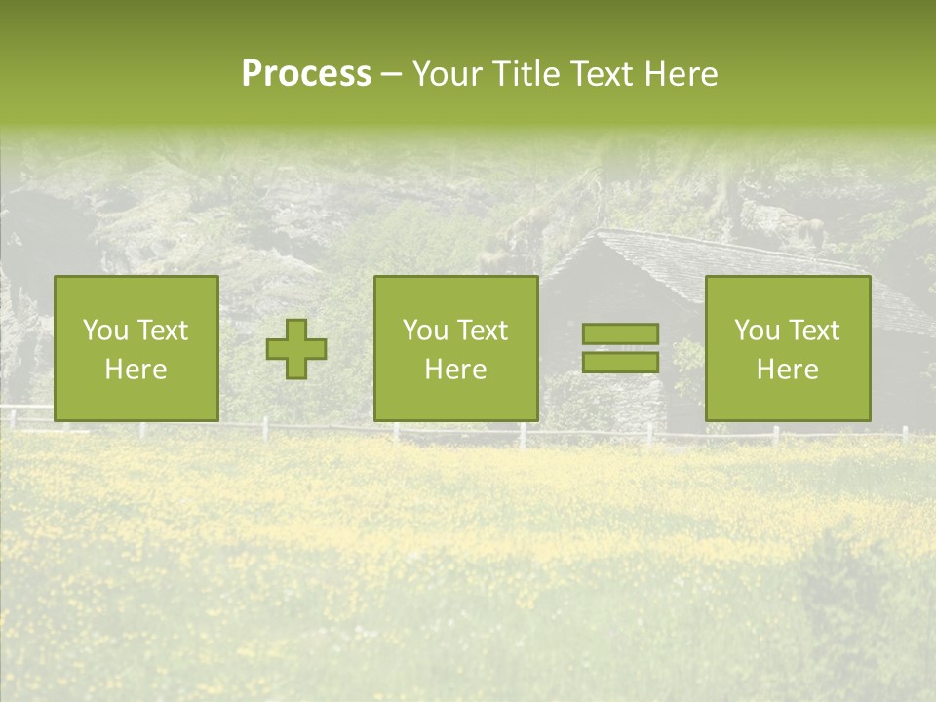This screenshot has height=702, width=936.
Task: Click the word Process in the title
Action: click(306, 74)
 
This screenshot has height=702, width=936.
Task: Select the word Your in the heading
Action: click(448, 74)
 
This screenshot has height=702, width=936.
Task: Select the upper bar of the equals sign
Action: click(620, 333)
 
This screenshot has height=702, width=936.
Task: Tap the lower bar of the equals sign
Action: click(620, 362)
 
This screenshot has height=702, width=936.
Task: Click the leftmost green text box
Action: click(136, 348)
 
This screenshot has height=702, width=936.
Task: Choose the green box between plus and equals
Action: click(455, 348)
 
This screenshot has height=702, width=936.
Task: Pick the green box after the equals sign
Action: click(787, 348)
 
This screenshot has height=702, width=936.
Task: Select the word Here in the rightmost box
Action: click(787, 370)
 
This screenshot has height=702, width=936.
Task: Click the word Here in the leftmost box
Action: click(136, 370)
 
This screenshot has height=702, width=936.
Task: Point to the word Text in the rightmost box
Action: click(812, 331)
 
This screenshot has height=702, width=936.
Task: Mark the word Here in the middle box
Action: click(455, 370)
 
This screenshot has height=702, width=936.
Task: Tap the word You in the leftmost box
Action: click(105, 331)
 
